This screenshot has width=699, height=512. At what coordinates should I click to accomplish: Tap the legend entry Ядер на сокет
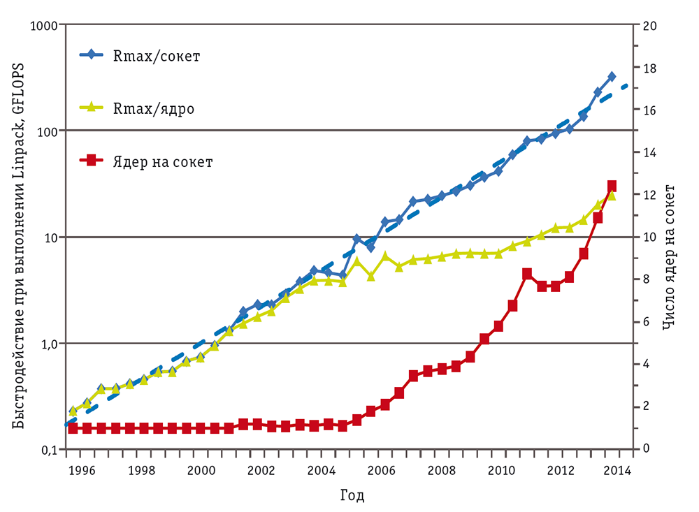click(x=163, y=162)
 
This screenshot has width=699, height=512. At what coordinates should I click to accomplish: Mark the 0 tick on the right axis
click(x=644, y=448)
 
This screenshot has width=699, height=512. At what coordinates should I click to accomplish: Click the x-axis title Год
click(x=352, y=496)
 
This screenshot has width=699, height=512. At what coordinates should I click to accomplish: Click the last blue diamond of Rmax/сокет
click(x=612, y=76)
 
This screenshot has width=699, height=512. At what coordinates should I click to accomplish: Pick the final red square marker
click(x=612, y=186)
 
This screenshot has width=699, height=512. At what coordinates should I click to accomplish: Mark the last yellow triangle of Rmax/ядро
click(x=612, y=195)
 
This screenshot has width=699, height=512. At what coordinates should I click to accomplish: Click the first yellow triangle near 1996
click(x=73, y=411)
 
